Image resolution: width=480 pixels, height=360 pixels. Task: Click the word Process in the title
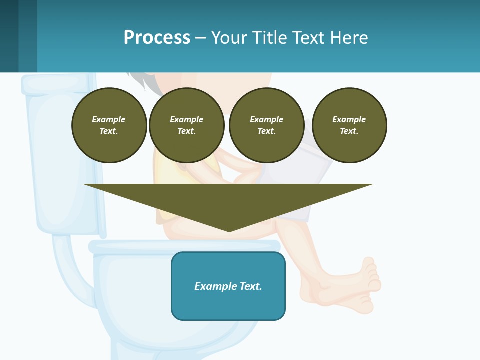[157, 38]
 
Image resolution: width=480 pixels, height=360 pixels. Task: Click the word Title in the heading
[267, 38]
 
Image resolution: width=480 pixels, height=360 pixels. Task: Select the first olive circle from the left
[109, 125]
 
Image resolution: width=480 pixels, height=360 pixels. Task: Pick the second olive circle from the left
[187, 125]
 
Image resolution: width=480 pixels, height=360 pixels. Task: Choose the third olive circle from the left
[267, 125]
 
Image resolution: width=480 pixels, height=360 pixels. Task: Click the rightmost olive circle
[349, 125]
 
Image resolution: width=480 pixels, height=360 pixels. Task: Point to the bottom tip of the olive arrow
[229, 231]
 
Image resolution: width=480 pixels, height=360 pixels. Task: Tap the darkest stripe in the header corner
[9, 36]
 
